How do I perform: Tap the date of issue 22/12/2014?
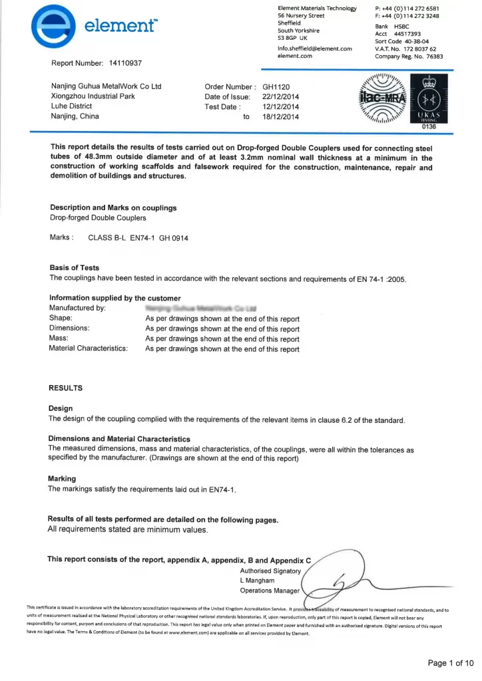[281, 96]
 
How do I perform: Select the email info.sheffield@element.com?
[314, 49]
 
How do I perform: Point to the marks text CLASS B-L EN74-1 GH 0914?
[138, 237]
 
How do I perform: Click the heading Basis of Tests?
[74, 267]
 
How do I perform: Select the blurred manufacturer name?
[200, 309]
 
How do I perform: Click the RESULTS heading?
[66, 387]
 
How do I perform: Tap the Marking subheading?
[62, 479]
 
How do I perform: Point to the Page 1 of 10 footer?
[450, 662]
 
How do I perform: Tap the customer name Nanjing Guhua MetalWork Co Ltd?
[107, 86]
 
